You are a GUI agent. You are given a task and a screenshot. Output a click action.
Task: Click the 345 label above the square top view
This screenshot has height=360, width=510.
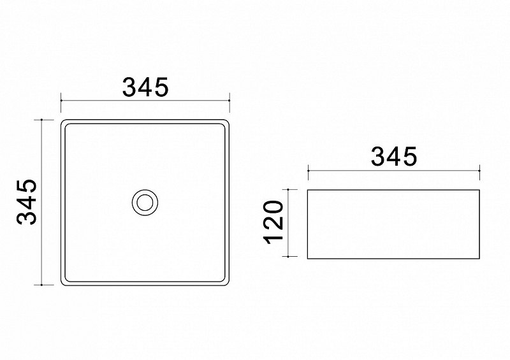coord(145,87)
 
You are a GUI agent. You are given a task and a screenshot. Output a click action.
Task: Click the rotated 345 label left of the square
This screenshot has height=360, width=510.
coord(27,202)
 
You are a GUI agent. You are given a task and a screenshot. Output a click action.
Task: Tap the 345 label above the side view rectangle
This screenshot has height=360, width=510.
coord(394,157)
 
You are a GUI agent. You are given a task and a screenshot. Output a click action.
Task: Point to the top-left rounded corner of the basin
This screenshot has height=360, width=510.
coord(62,122)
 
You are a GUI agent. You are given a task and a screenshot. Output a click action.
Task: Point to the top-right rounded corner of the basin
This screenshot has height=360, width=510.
coord(228,122)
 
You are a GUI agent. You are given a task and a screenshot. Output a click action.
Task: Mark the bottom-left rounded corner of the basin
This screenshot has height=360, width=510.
coord(62,284)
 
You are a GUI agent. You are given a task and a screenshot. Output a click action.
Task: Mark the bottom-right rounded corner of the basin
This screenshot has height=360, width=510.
coord(228,284)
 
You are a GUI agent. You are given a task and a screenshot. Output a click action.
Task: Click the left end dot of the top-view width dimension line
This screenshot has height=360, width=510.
coord(61,101)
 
